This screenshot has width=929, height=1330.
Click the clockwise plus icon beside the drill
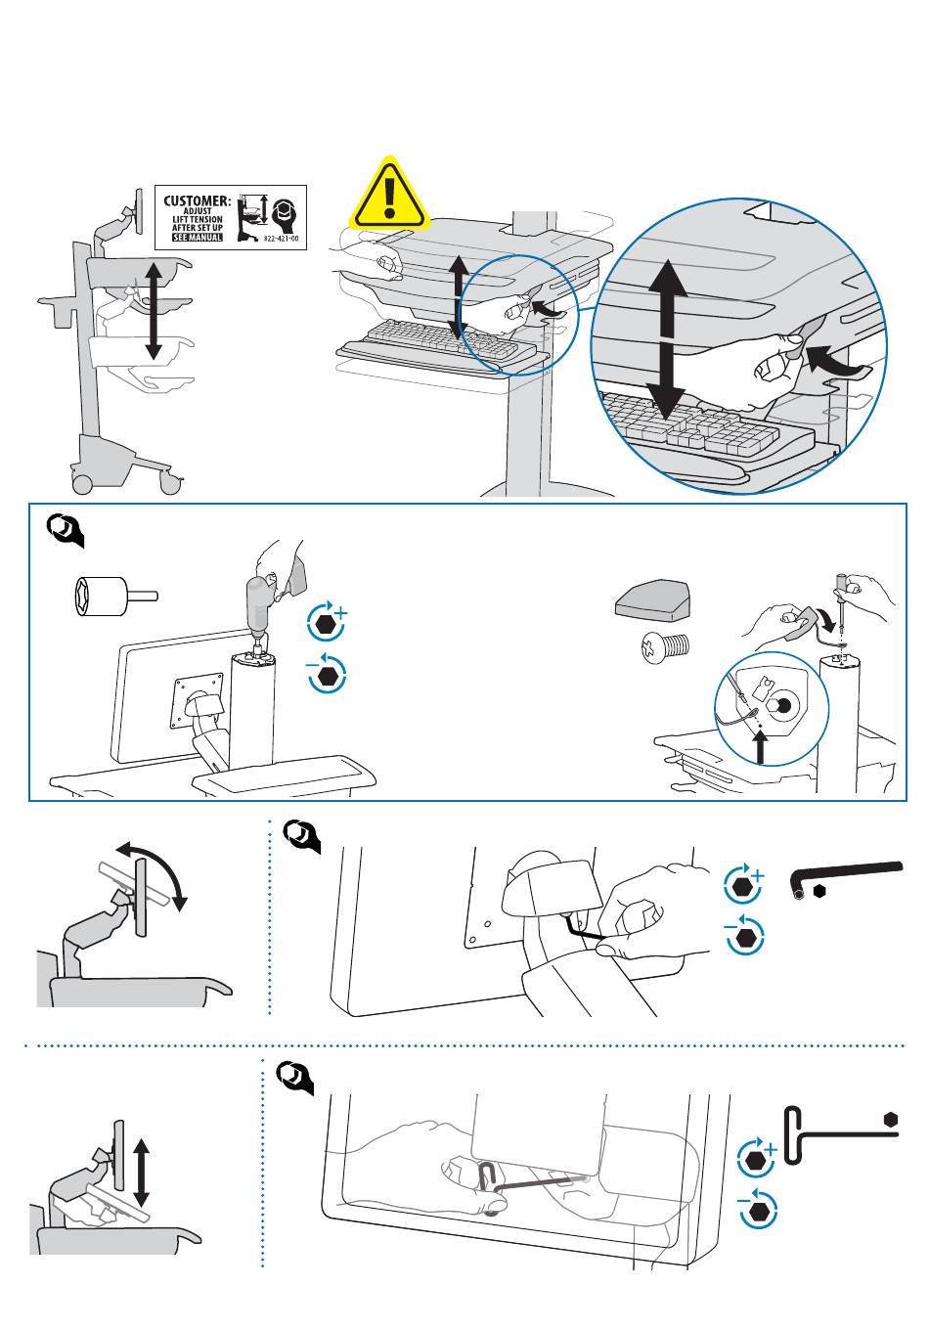pyautogui.click(x=328, y=621)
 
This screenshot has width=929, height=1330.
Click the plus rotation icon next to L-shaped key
pyautogui.click(x=746, y=884)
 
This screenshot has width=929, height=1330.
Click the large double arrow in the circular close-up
pyautogui.click(x=668, y=338)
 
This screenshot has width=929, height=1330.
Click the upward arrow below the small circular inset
pyautogui.click(x=762, y=750)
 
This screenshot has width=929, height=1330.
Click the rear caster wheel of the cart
pyautogui.click(x=81, y=482)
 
